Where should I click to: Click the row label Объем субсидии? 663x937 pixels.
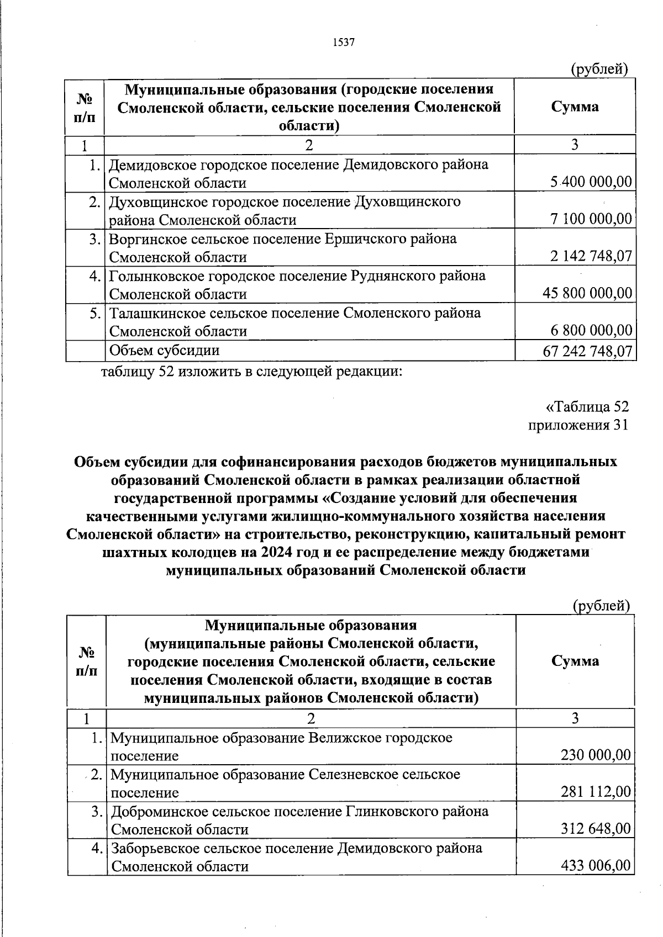[164, 350]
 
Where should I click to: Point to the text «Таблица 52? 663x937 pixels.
[587, 407]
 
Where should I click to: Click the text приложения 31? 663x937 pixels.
[578, 425]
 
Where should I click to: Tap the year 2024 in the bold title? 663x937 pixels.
[280, 552]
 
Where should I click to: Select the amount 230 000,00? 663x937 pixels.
[595, 755]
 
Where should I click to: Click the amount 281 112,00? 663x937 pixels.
[595, 792]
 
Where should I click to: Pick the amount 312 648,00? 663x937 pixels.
[595, 829]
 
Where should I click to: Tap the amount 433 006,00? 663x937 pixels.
[595, 866]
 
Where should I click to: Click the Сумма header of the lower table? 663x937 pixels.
[575, 661]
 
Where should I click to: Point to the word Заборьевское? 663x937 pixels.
[155, 848]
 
